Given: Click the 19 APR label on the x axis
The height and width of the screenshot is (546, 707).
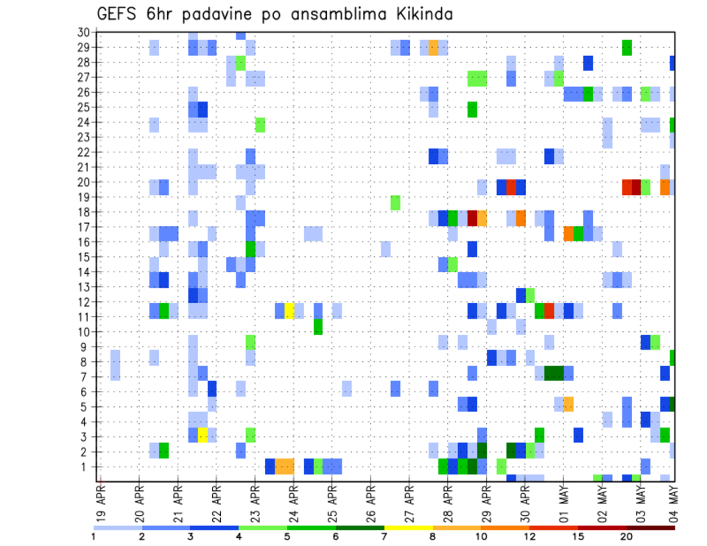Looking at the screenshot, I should [x=101, y=503].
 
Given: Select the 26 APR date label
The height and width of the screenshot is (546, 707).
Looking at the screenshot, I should [x=370, y=503].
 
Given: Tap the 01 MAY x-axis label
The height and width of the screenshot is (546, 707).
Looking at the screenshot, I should [x=563, y=503].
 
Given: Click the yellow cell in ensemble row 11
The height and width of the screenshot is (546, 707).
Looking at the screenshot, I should [x=289, y=310].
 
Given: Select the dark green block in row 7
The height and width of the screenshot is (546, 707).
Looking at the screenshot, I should [x=553, y=373].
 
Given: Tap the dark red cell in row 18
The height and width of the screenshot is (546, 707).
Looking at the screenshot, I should [x=472, y=218].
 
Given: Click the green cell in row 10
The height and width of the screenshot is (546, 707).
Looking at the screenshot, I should [x=318, y=326].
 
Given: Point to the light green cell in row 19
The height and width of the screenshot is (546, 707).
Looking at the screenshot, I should [x=395, y=202].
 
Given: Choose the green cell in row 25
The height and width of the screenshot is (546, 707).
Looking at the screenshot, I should [x=472, y=110].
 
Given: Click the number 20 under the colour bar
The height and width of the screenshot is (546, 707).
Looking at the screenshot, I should [x=627, y=536].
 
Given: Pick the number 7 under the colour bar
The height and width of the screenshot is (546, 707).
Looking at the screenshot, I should [x=385, y=536].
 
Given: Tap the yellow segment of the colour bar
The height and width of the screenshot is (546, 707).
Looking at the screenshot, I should [x=409, y=527].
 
